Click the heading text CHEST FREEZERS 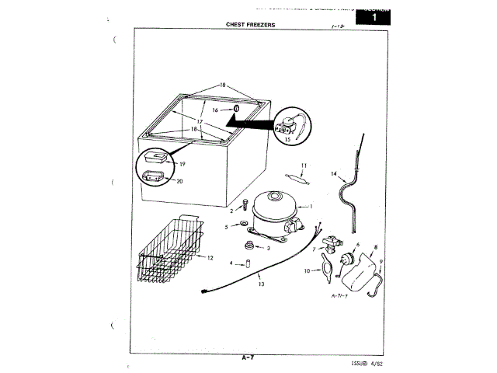coord(250,25)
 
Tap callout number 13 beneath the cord coord(261,284)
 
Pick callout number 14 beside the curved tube coord(334,174)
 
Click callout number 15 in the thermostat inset coord(287,141)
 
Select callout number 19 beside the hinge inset coord(182,164)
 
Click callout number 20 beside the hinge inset coord(179,181)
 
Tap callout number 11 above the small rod coord(304,165)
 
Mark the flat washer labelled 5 coord(245,227)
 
